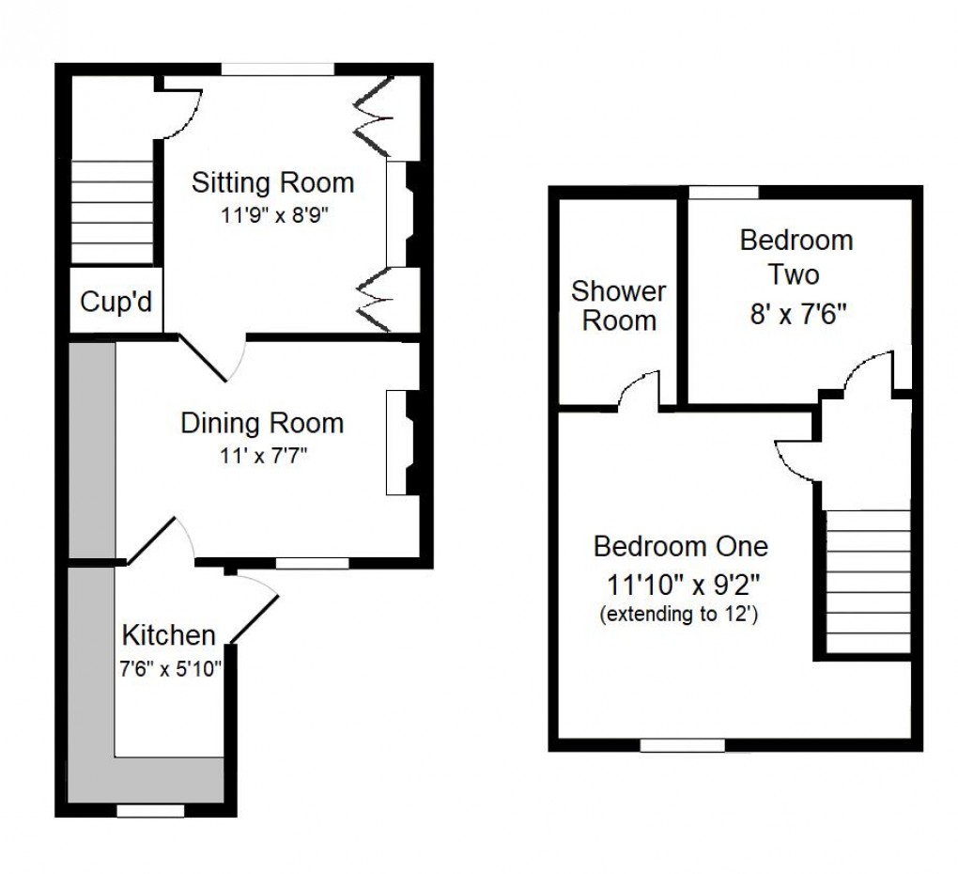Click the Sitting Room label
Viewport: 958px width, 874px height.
pos(272,182)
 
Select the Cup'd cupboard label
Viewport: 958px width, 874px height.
pos(116,303)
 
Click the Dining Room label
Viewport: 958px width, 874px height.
pos(262,423)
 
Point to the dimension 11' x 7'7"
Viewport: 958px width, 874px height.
pos(261,458)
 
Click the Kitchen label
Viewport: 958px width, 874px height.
pos(169,635)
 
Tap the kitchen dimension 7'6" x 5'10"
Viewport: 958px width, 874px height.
pos(170,670)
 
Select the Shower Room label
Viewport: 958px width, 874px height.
pos(619,305)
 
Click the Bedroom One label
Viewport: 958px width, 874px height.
pos(681,546)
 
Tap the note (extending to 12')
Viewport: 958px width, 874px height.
pos(680,615)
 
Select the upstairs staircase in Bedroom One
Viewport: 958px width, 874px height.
pos(868,581)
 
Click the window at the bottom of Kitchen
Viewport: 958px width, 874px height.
pos(150,810)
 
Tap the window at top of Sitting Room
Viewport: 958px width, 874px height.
pos(278,69)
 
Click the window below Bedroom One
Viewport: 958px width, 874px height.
pos(683,745)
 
